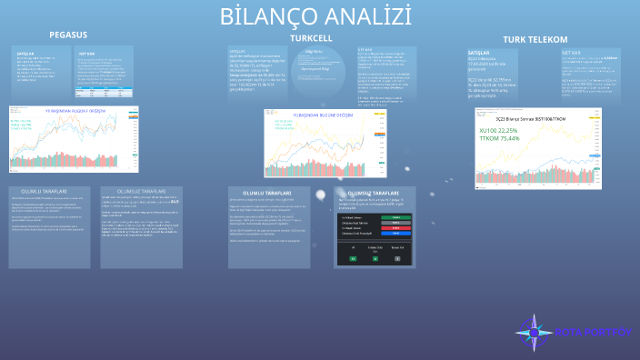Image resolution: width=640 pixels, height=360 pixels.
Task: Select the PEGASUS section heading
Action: (68, 35)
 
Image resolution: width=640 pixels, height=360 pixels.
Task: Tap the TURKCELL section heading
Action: (311, 38)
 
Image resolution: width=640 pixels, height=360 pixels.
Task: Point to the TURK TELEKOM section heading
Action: (535, 40)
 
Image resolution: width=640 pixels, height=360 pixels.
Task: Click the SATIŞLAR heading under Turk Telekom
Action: (466, 54)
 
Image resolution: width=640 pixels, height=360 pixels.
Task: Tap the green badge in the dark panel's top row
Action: (396, 218)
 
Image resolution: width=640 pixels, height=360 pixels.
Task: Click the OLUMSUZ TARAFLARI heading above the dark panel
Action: (373, 194)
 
